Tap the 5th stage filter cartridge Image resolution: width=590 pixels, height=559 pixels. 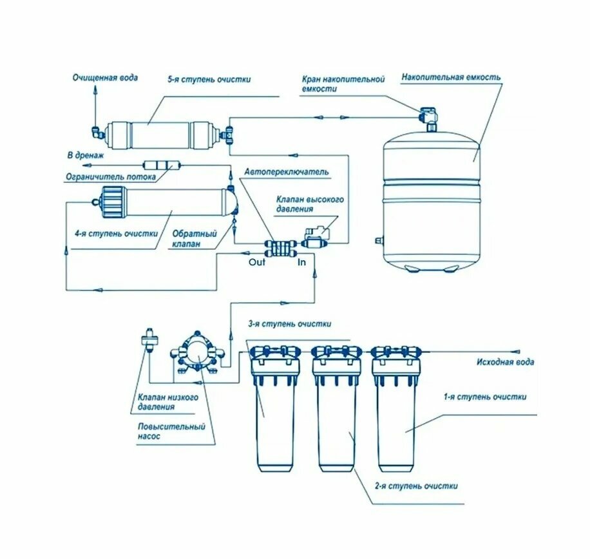[x=160, y=134]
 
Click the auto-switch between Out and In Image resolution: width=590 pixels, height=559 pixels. [x=276, y=248]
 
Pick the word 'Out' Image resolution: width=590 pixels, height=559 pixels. [x=257, y=262]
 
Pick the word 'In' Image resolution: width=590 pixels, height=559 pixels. [x=301, y=262]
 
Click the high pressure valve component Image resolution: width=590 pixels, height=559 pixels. [x=315, y=236]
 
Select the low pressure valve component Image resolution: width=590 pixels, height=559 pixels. [x=149, y=339]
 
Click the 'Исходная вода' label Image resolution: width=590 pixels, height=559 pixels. [x=505, y=363]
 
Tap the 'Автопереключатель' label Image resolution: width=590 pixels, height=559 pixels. [x=287, y=172]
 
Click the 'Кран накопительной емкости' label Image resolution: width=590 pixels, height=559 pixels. [x=343, y=84]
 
